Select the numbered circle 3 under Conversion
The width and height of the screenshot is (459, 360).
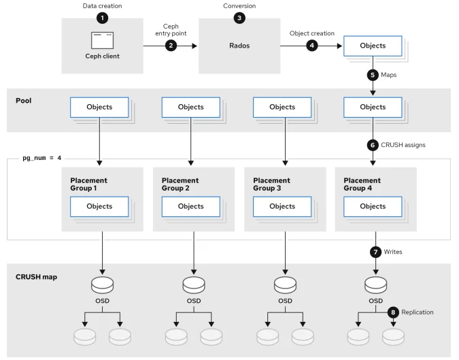coord(239,17)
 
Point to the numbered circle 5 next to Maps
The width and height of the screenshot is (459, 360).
coord(373,76)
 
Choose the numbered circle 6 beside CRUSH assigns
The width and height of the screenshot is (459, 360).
coord(373,145)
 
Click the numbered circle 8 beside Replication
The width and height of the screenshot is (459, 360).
coord(392,313)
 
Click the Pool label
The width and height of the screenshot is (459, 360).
coord(24,99)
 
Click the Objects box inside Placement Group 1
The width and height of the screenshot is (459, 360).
coord(100,206)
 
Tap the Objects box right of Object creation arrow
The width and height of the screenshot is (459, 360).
coord(373,46)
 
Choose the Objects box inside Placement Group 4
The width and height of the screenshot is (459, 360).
coord(373,206)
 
